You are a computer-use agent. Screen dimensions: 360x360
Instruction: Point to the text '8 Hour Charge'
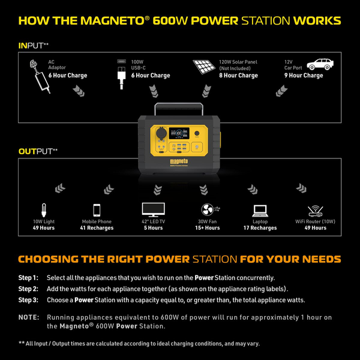239,76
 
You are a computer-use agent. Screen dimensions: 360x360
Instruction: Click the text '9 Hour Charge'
304,76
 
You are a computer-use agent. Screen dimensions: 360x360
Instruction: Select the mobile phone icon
97,210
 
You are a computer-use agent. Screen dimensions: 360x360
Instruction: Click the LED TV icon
152,209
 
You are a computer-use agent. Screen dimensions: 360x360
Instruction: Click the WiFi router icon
314,209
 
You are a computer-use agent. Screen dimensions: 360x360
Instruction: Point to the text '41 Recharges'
97,228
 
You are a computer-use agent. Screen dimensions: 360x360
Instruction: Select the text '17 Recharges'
260,228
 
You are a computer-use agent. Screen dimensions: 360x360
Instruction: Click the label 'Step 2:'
28,289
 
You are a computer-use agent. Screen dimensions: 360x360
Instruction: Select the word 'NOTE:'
29,317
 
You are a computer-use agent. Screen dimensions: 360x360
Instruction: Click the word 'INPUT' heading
30,45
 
